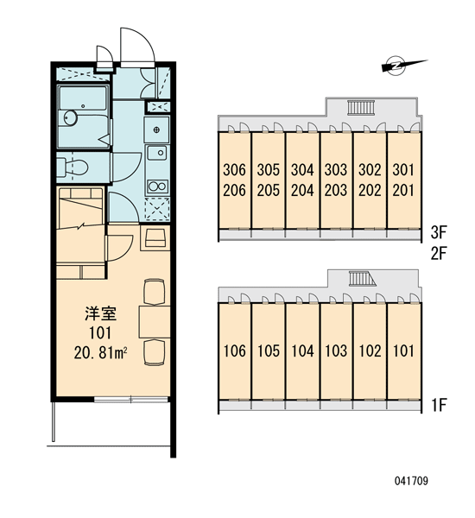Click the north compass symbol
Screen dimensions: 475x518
[396, 65]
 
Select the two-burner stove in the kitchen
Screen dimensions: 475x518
[157, 186]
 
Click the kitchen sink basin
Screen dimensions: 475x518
[156, 153]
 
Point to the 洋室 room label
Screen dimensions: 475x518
[101, 313]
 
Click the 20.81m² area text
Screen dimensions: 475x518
[101, 353]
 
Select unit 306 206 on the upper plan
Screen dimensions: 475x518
[234, 180]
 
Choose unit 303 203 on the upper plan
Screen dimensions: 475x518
[336, 180]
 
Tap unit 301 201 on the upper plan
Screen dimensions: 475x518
[403, 180]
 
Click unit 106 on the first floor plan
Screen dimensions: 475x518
[234, 351]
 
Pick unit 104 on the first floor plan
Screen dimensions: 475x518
[302, 351]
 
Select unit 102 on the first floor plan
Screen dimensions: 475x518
[370, 351]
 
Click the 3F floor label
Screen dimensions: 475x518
[439, 232]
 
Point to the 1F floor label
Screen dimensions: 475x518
[439, 405]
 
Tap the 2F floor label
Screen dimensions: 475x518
[439, 253]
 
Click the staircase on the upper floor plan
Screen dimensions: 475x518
[361, 108]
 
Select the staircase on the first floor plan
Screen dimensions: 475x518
[362, 278]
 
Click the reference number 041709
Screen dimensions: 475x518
[411, 481]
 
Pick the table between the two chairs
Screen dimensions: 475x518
[155, 322]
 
